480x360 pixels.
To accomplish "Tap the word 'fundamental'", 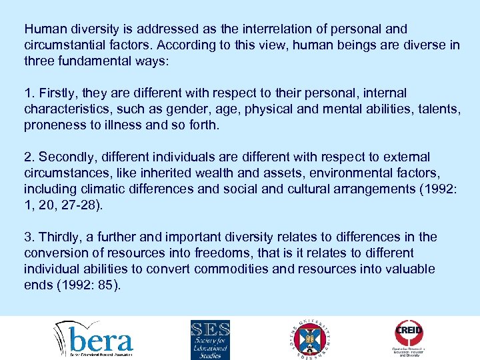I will pos(91,61).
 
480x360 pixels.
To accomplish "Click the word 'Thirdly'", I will pos(60,237).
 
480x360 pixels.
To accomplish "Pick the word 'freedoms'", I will pos(221,253).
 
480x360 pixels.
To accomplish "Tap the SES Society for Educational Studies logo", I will pos(210,339).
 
